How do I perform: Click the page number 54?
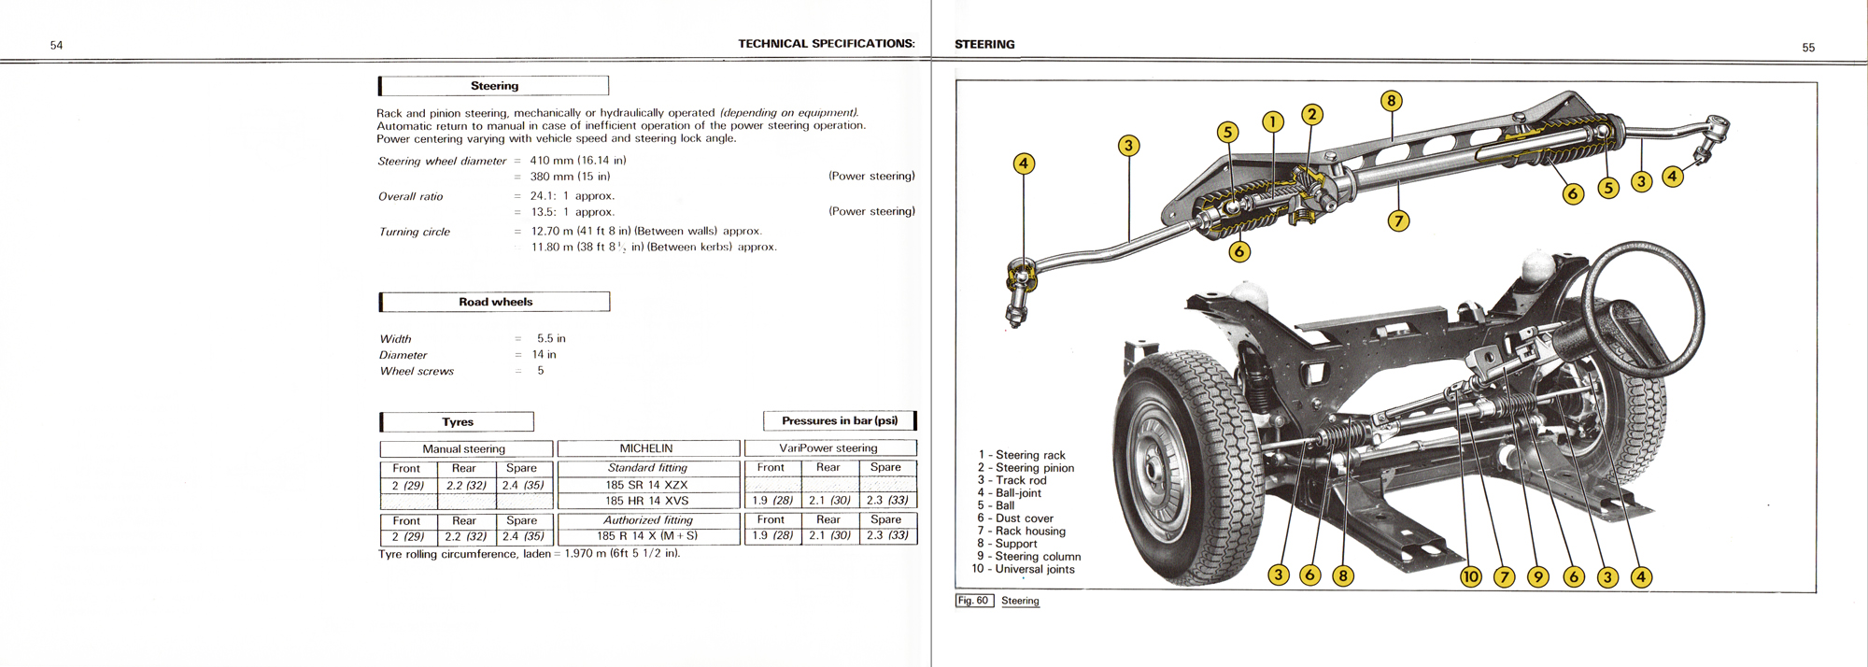56,46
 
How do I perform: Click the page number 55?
1808,48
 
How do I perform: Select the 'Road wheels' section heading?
495,302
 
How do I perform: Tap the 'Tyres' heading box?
458,422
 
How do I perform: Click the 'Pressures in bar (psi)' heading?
839,420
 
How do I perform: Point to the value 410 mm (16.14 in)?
577,161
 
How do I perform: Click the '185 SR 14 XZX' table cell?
646,485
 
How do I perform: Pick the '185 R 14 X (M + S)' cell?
647,536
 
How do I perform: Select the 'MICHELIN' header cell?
646,448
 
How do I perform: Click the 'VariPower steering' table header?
828,448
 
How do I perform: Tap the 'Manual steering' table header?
463,449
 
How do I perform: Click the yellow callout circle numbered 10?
1470,576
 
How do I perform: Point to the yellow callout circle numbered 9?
1537,576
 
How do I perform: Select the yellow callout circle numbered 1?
1272,121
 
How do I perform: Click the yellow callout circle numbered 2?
1312,115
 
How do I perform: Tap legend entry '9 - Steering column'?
1028,556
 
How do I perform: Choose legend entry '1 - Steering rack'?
1022,455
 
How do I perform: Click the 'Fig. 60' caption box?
973,601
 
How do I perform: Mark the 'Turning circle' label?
415,232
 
